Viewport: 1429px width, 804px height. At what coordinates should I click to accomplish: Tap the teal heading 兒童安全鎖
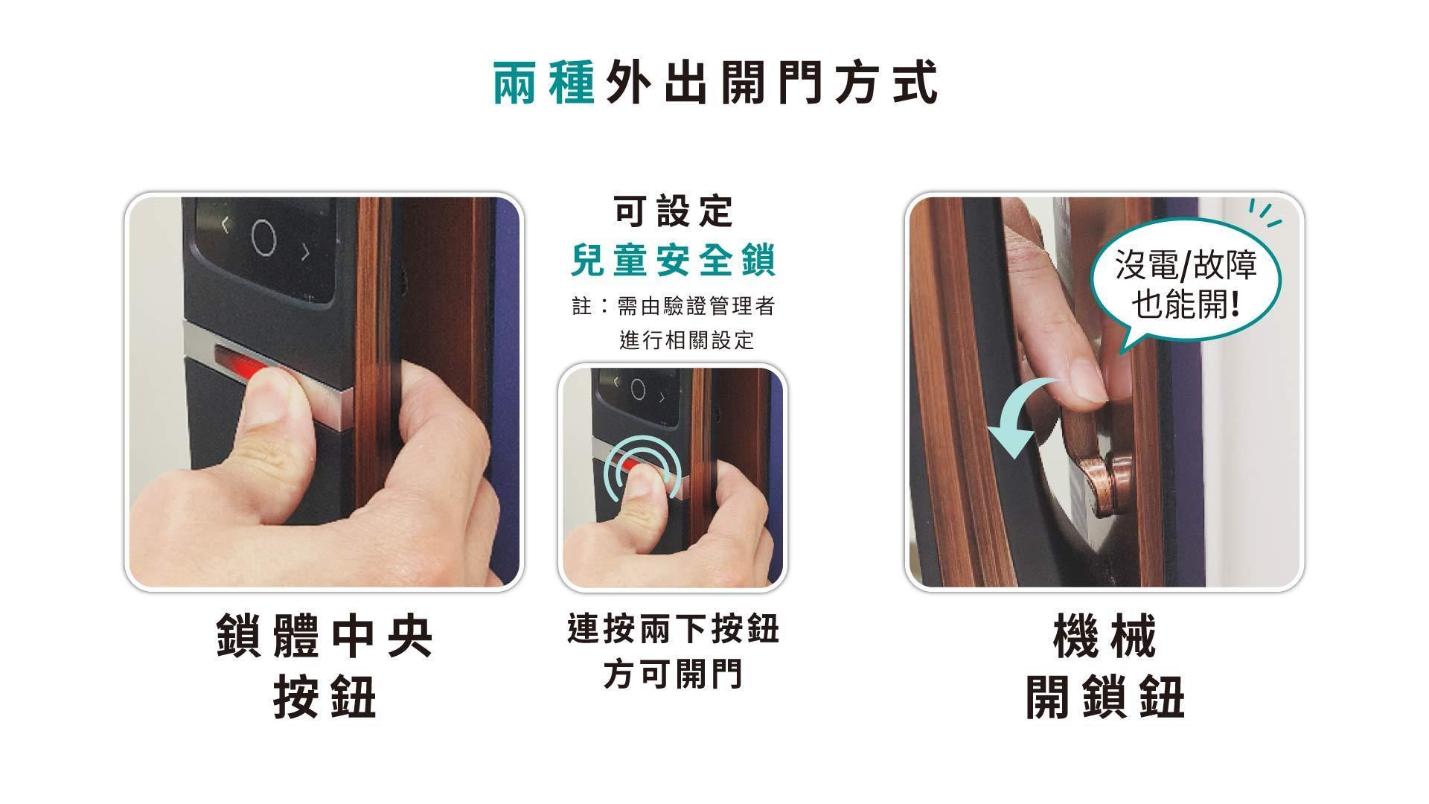click(x=674, y=260)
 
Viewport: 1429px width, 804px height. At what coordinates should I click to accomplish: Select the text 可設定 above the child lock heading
click(x=674, y=211)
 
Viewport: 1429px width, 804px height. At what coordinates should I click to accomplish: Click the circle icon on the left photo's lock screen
click(x=264, y=238)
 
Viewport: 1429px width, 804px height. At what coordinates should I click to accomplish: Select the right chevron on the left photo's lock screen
click(x=305, y=252)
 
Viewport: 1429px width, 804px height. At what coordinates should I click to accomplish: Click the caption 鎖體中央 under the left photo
click(x=325, y=636)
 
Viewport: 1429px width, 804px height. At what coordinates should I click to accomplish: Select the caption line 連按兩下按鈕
click(x=673, y=628)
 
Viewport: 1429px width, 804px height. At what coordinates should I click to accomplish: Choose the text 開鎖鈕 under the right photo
click(x=1104, y=697)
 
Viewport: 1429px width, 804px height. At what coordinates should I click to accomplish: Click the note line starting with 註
click(x=674, y=306)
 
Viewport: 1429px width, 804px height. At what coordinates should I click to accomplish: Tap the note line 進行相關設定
click(x=687, y=340)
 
